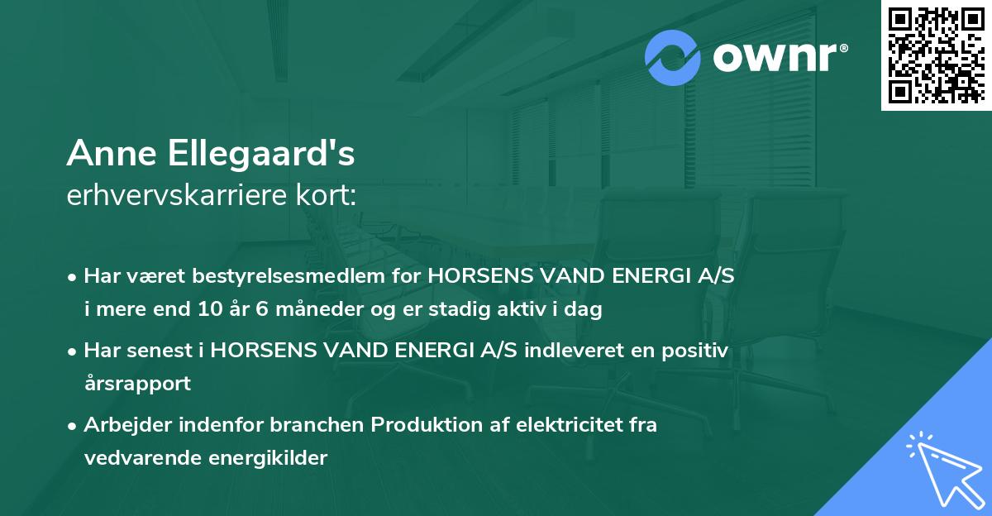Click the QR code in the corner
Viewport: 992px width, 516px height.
936,55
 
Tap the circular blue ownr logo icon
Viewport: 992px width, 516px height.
673,56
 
